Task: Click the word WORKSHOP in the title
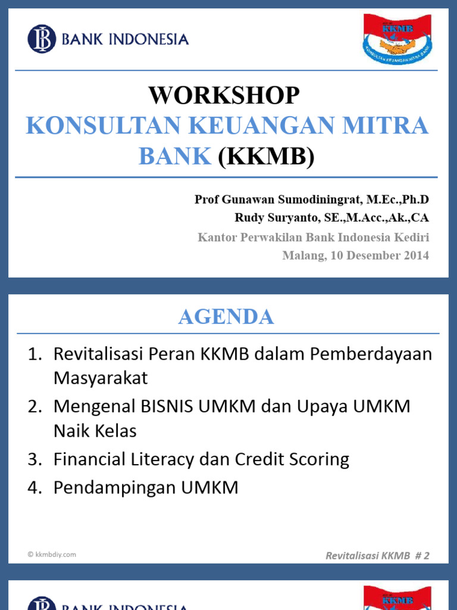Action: point(224,95)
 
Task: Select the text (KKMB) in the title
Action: point(265,156)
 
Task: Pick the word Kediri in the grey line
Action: point(411,237)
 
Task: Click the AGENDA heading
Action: point(226,317)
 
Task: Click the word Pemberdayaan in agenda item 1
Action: point(377,353)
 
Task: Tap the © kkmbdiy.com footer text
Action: point(51,554)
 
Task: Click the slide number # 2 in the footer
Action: point(421,556)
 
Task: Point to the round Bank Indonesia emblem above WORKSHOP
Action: point(41,39)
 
